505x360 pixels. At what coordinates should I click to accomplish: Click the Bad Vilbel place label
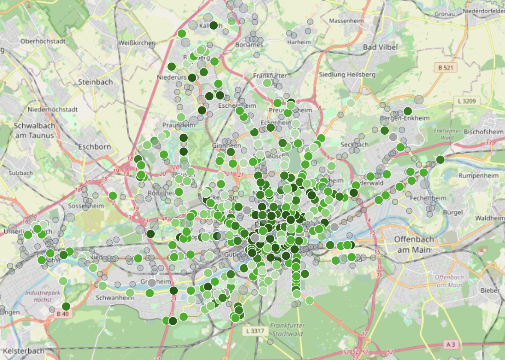pos(380,47)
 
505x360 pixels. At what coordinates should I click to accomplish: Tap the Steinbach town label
pos(96,82)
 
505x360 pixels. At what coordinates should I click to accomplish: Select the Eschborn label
pos(94,147)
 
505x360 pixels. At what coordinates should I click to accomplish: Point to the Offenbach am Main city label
pos(414,244)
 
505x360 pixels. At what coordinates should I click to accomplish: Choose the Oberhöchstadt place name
pos(43,42)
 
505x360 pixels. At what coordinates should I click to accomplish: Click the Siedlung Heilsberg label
pos(347,74)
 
